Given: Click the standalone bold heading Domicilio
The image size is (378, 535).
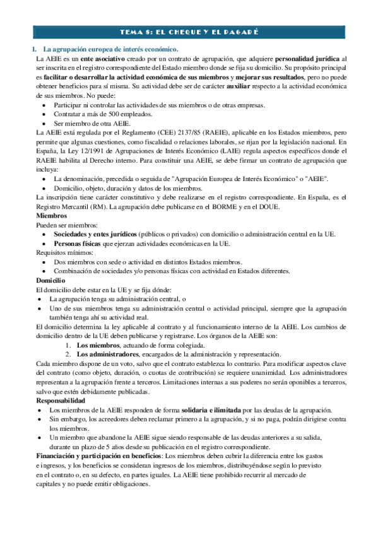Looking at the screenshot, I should (x=52, y=280).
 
